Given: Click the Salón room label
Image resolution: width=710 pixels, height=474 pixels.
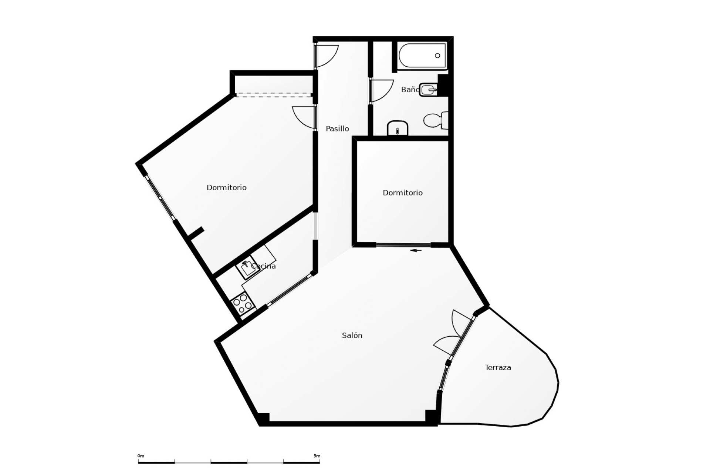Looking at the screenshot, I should (x=352, y=336).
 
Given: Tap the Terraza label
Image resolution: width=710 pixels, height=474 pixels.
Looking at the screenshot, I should (x=498, y=367).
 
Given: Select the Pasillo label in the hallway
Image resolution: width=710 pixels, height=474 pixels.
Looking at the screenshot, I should (x=337, y=128).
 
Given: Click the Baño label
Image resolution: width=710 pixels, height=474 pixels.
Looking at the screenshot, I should (x=410, y=90).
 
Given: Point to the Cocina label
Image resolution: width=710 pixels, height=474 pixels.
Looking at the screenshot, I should (x=264, y=266).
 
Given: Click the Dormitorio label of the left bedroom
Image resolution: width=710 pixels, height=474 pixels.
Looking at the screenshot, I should (x=226, y=187).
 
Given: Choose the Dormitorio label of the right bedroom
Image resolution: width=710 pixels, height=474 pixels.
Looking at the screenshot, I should (x=402, y=193).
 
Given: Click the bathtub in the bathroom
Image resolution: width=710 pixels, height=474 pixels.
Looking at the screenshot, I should (x=422, y=56).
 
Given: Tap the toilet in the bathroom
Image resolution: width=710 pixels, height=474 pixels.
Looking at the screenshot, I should (x=435, y=120).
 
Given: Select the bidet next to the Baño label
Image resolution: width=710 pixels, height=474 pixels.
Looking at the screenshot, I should (x=428, y=90).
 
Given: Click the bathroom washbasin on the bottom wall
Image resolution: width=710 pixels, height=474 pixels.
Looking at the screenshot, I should (x=397, y=128).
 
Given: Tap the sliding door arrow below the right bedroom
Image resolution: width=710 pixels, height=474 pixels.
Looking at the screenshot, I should (x=416, y=250).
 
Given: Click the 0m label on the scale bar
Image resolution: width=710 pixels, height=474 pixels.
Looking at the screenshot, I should (x=141, y=456).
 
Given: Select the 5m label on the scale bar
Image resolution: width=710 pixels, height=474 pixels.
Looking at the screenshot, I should (x=317, y=456).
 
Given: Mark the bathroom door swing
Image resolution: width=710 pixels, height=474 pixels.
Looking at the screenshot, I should (x=382, y=90).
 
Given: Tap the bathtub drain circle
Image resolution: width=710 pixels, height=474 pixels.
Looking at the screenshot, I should (x=437, y=56).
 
